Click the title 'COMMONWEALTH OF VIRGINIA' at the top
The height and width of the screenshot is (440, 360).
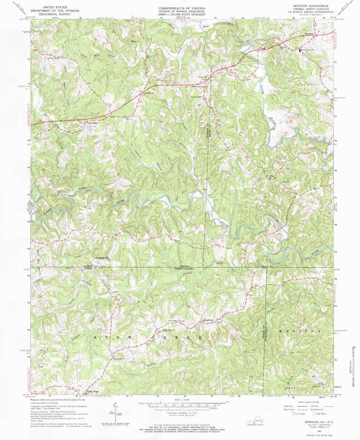[x=179, y=6]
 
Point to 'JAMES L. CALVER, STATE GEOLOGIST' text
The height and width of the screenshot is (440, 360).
[x=179, y=17]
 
